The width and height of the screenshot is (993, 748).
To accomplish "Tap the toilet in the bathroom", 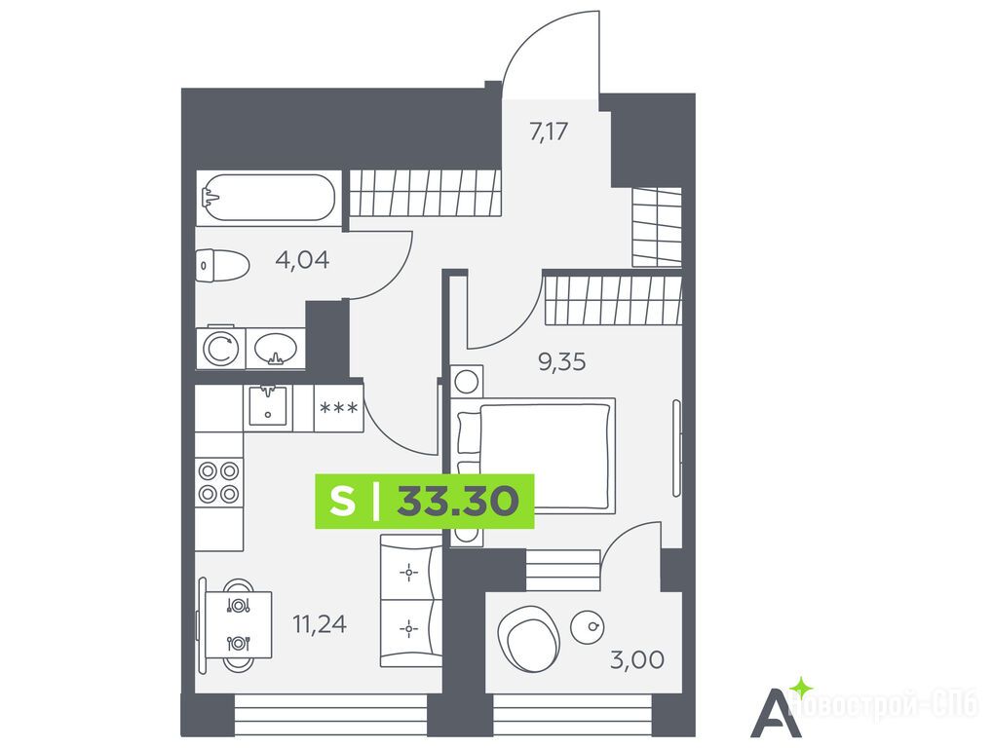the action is click(x=221, y=266).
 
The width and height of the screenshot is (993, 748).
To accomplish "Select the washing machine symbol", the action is click(x=220, y=348).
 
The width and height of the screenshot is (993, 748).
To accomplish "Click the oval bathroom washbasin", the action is click(x=276, y=348).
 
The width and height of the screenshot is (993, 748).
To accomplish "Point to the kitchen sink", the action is click(x=268, y=405).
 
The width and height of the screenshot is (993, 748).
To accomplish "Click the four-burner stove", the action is click(x=218, y=481).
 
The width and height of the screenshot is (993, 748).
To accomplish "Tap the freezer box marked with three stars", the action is click(x=339, y=408).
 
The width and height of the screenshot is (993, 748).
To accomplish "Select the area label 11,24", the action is click(x=320, y=624).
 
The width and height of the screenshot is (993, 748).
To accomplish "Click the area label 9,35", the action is click(x=561, y=362).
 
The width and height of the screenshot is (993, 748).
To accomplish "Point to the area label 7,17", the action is click(x=549, y=131).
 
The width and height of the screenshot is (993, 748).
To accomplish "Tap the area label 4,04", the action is click(x=303, y=259).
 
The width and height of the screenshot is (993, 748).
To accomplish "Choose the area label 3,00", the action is click(x=637, y=659).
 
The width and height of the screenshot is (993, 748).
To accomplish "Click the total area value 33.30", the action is click(x=458, y=502).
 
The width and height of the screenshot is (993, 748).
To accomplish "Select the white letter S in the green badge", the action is click(x=343, y=502).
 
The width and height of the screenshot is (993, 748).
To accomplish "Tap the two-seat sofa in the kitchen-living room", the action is click(x=410, y=600).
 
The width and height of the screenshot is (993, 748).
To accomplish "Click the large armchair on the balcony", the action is click(x=529, y=639).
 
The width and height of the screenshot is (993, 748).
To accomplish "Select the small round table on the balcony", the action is click(x=587, y=627).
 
